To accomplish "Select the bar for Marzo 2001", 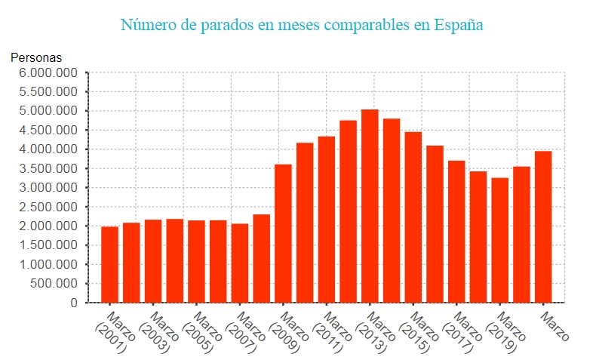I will pos(110,264).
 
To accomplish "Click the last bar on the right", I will pos(543,226).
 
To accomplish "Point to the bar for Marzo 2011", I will pos(327,219).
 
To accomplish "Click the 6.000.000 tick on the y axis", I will pos(48,73).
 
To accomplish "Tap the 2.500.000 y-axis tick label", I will pos(48,208).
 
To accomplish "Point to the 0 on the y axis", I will pos(73,303).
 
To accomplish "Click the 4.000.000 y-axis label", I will pos(48,150).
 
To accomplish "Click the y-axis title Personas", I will pos(36,57).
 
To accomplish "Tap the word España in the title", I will pos(459,25).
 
